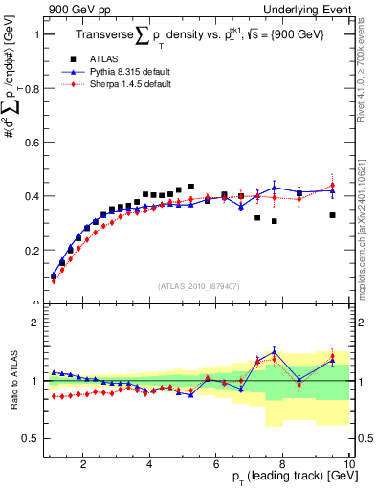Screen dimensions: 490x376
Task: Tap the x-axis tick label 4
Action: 150,464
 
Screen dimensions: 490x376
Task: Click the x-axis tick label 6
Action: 217,464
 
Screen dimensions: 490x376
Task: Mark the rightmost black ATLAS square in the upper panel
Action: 332,215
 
